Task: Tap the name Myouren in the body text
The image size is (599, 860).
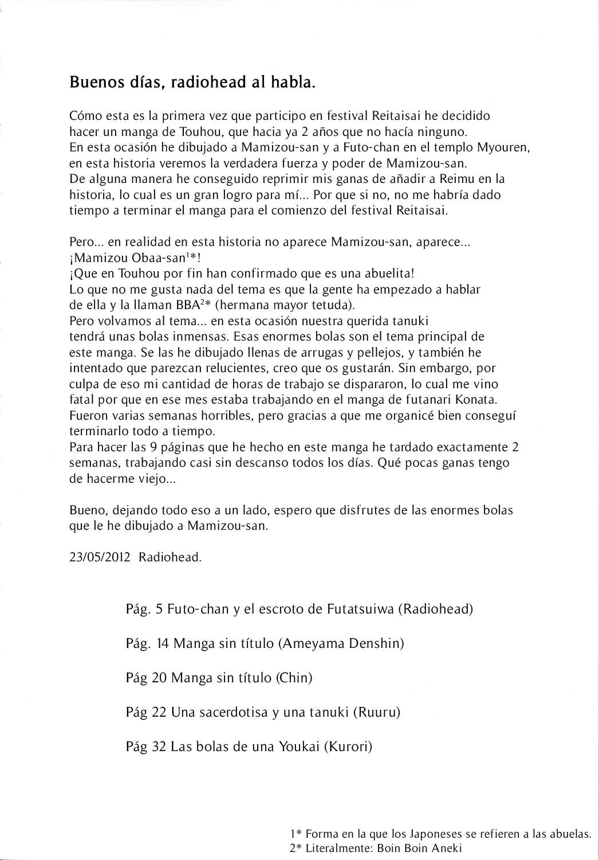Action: pos(506,147)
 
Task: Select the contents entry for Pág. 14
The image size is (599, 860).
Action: pos(265,643)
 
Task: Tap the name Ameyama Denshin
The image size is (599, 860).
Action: pos(341,643)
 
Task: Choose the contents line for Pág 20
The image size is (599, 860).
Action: pos(219,678)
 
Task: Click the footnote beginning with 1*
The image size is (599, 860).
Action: pos(440,834)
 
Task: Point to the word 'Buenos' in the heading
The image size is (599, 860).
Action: pos(90,83)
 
